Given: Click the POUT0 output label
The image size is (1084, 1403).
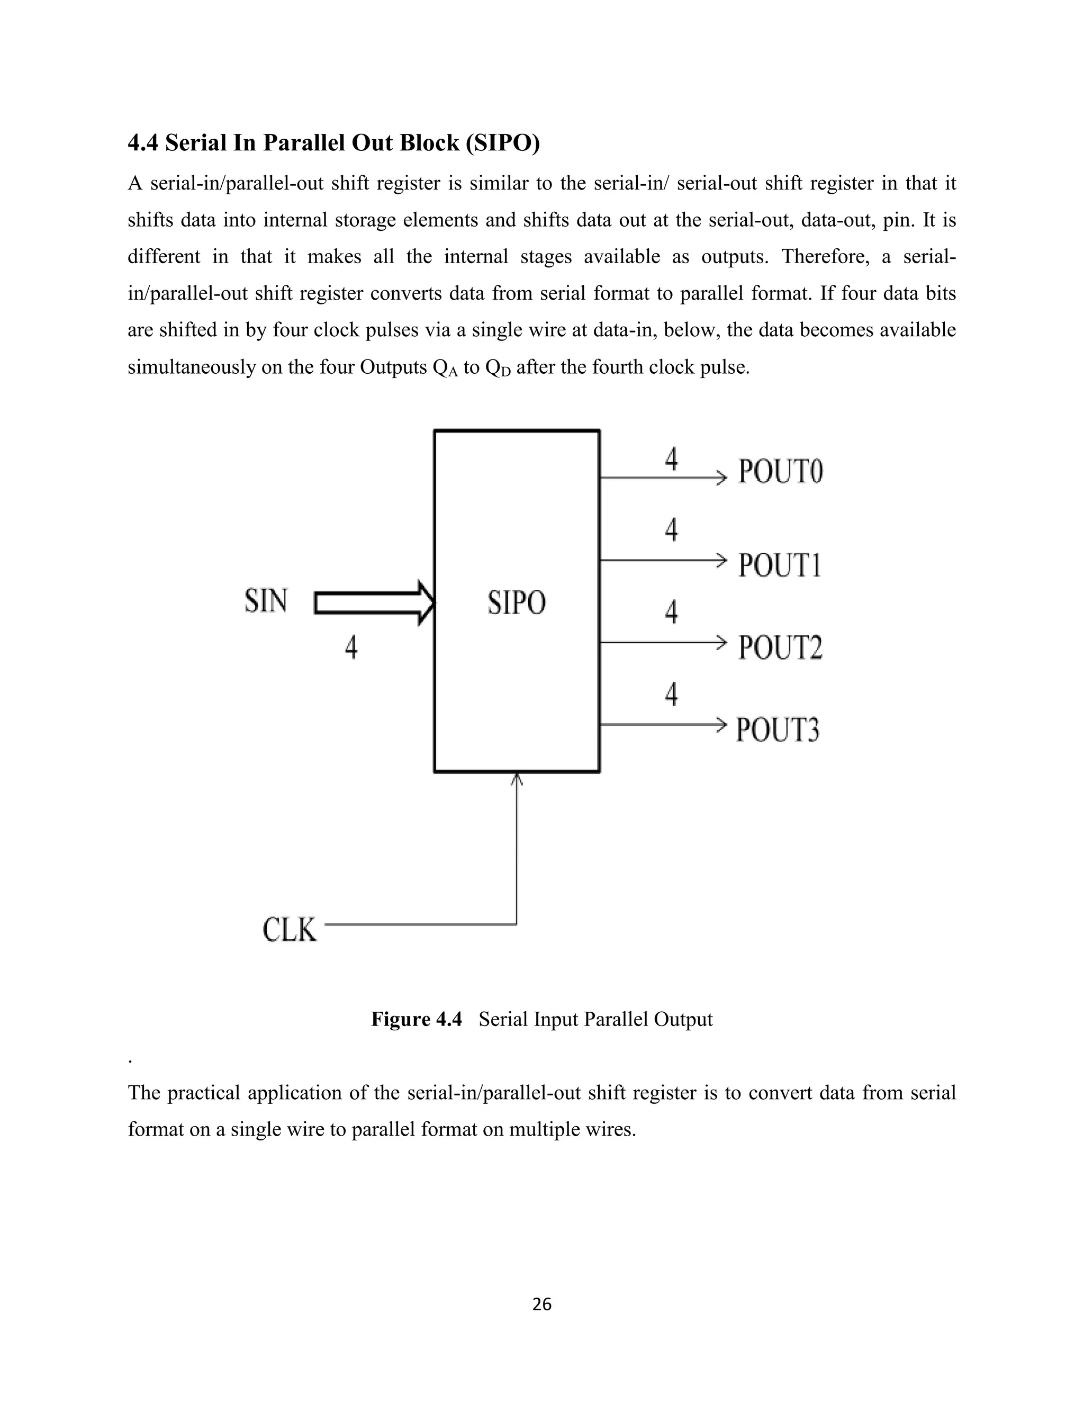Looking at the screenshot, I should (x=780, y=472).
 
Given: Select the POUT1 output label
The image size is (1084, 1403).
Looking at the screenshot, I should (x=780, y=565).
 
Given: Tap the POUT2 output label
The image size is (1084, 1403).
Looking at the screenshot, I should (x=780, y=647).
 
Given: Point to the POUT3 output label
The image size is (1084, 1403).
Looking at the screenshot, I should (x=778, y=730).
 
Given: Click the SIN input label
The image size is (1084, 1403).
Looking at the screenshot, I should (x=266, y=601).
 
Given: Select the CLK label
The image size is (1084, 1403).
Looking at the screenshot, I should (x=290, y=930).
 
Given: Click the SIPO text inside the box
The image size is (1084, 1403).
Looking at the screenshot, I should (x=516, y=602).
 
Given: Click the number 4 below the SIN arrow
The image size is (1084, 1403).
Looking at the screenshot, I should (x=350, y=647).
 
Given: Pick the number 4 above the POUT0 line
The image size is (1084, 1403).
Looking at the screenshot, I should (x=671, y=460).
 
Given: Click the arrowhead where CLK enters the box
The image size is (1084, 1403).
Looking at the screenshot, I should (x=517, y=779).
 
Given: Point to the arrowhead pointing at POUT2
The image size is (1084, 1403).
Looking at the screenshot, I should (x=721, y=642).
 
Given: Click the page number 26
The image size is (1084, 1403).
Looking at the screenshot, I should (x=542, y=1304).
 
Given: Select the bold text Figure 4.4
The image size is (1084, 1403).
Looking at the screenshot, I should (x=416, y=1019).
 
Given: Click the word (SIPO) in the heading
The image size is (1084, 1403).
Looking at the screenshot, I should (x=503, y=142).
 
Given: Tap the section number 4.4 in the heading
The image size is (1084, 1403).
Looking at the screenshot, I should (x=142, y=142).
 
